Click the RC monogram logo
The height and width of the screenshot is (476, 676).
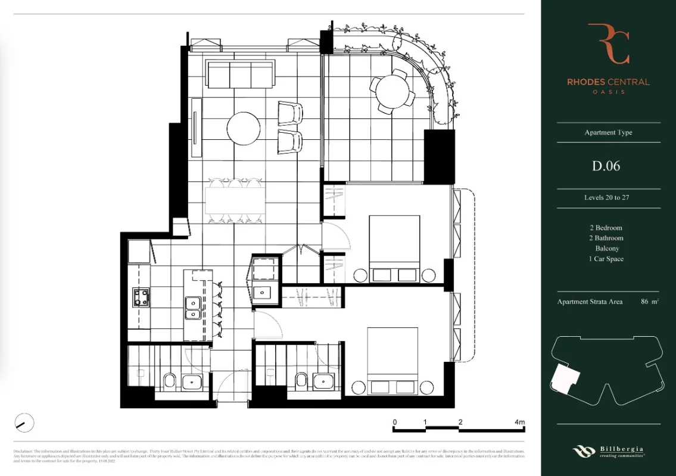pyautogui.click(x=608, y=43)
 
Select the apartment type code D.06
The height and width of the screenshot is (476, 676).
pyautogui.click(x=606, y=166)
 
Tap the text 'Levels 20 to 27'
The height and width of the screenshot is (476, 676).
pyautogui.click(x=606, y=198)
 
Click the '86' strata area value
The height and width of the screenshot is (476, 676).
pyautogui.click(x=645, y=302)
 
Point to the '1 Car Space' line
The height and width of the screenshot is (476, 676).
pyautogui.click(x=606, y=259)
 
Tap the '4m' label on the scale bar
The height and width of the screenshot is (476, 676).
pyautogui.click(x=519, y=422)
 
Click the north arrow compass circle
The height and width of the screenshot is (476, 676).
pyautogui.click(x=24, y=423)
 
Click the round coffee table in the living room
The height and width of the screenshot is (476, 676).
pyautogui.click(x=243, y=128)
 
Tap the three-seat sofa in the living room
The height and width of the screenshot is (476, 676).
pyautogui.click(x=240, y=74)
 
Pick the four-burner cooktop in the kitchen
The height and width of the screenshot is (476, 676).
pyautogui.click(x=142, y=297)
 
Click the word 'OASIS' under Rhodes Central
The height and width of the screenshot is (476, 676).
pyautogui.click(x=608, y=92)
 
